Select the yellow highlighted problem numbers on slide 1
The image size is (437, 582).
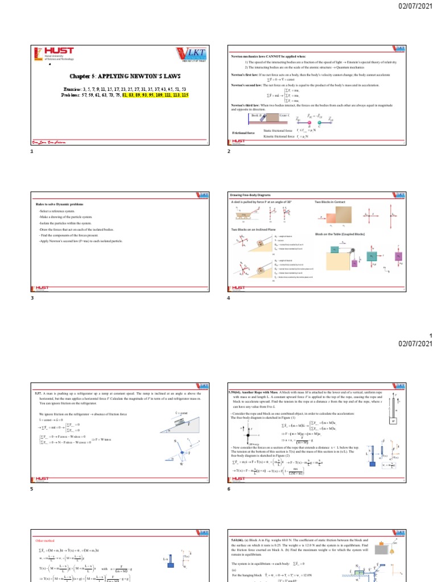[156, 95]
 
